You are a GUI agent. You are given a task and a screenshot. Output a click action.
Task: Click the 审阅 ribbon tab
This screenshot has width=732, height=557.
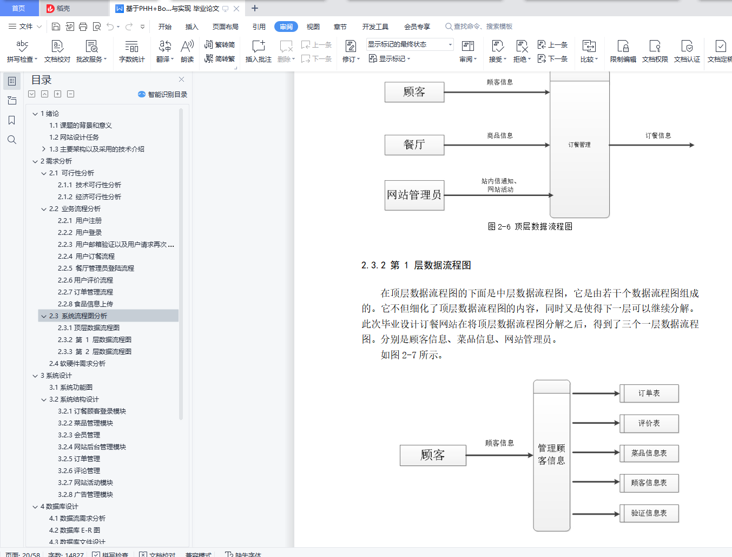(286, 27)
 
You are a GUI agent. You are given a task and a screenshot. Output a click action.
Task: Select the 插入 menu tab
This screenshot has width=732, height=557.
(192, 27)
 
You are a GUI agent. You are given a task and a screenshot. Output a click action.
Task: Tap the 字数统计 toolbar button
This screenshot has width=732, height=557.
(131, 51)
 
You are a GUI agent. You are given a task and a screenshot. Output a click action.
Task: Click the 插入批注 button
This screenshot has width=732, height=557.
(258, 51)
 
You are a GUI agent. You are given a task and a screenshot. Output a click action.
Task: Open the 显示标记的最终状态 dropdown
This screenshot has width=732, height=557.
(410, 44)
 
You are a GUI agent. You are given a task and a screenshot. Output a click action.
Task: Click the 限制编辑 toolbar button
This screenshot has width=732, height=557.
(623, 51)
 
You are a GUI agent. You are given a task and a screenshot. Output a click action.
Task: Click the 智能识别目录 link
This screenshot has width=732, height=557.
(163, 94)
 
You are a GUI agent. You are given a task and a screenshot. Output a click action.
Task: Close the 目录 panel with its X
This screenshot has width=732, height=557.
(181, 80)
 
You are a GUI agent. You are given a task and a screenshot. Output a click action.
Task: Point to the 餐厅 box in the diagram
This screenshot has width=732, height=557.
(414, 145)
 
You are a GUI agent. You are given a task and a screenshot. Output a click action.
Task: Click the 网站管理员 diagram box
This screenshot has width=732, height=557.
(414, 195)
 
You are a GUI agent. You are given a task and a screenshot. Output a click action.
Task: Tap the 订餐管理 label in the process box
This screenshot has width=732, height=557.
(579, 145)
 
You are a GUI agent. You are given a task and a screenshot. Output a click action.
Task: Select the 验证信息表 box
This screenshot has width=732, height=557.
(649, 513)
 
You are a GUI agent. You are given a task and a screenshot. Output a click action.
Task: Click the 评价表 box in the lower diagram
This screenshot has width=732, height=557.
(649, 423)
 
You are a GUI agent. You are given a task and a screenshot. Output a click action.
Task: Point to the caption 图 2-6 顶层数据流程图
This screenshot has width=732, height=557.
(530, 226)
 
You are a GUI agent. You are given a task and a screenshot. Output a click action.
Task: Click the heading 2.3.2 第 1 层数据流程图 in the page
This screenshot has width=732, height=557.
(416, 265)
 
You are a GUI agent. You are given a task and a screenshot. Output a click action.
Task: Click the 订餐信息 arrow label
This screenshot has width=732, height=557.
(658, 135)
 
